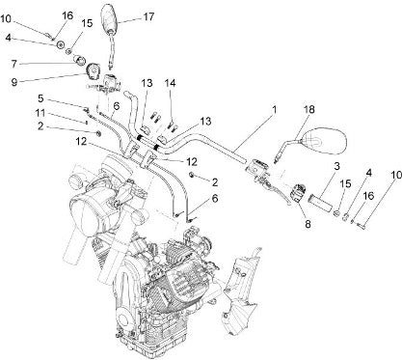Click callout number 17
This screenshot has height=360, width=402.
(x=148, y=16)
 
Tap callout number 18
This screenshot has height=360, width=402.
(x=309, y=109)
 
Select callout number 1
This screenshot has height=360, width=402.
(x=275, y=110)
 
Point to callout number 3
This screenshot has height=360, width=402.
(x=336, y=166)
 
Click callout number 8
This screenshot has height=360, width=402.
(x=308, y=224)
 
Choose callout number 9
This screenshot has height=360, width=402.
(x=14, y=82)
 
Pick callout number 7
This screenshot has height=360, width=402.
(x=13, y=64)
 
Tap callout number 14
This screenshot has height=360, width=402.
(x=171, y=83)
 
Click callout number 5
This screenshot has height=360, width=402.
(x=40, y=97)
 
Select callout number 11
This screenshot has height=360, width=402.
(x=40, y=113)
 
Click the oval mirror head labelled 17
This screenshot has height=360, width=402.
(x=110, y=18)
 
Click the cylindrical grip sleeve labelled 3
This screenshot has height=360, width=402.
(x=319, y=203)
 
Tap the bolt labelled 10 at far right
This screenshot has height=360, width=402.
(x=361, y=226)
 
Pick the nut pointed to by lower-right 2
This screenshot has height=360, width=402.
(x=192, y=174)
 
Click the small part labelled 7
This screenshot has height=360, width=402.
(x=79, y=60)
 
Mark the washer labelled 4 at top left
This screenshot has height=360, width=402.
(x=60, y=44)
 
